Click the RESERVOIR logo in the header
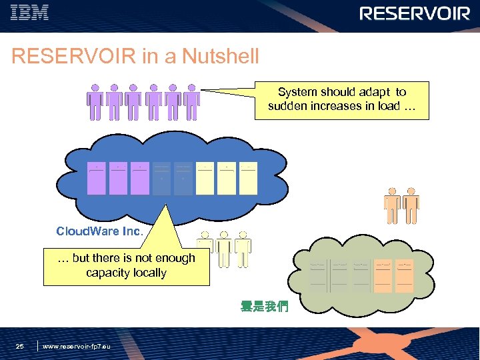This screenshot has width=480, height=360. click(415, 13)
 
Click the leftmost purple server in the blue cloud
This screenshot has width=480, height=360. click(97, 178)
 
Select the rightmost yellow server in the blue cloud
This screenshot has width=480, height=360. click(248, 178)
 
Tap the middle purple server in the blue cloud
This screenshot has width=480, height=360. click(119, 178)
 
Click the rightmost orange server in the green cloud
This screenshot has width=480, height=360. click(404, 275)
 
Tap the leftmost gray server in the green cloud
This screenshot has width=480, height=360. click(318, 275)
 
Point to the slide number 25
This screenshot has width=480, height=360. click(20, 346)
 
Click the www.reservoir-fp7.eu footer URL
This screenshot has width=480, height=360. click(76, 347)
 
